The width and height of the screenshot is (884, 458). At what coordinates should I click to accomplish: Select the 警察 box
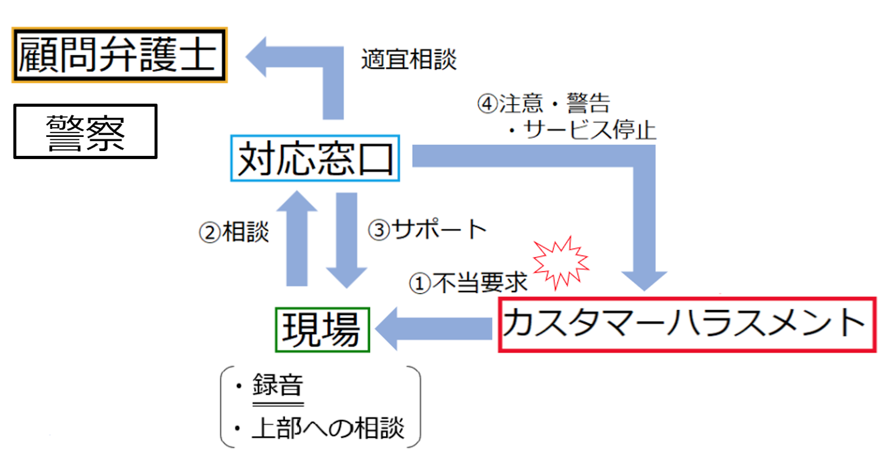click(x=85, y=131)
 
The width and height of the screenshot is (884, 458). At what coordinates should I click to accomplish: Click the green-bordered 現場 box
click(x=321, y=330)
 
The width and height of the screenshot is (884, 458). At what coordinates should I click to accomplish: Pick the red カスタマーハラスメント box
click(x=688, y=325)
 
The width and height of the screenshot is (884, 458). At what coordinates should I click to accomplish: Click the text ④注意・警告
click(x=544, y=104)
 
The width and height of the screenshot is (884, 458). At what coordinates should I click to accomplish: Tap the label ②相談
click(x=234, y=231)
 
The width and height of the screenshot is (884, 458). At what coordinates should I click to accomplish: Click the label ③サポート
click(x=427, y=230)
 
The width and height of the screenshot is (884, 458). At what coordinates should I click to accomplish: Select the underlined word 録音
click(x=278, y=387)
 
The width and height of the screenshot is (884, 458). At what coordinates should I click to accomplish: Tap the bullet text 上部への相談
click(x=328, y=428)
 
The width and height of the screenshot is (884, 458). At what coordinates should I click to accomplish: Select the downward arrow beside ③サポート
click(x=347, y=239)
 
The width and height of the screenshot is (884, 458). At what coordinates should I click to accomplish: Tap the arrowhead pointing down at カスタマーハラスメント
click(x=645, y=278)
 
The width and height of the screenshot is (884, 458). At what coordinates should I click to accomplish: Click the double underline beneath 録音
click(x=278, y=404)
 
